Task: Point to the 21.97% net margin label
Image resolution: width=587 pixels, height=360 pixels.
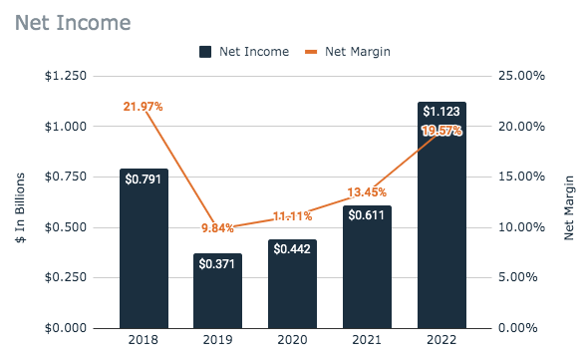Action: pos(144,107)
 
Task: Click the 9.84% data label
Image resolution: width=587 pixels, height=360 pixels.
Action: pos(217,227)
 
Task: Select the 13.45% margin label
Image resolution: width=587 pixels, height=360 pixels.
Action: pos(367,191)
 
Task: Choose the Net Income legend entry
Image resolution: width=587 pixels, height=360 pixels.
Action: pos(245,52)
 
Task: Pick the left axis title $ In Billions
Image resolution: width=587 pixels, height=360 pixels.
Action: pos(19,202)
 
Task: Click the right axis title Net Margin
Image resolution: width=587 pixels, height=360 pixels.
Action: pos(570,202)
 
